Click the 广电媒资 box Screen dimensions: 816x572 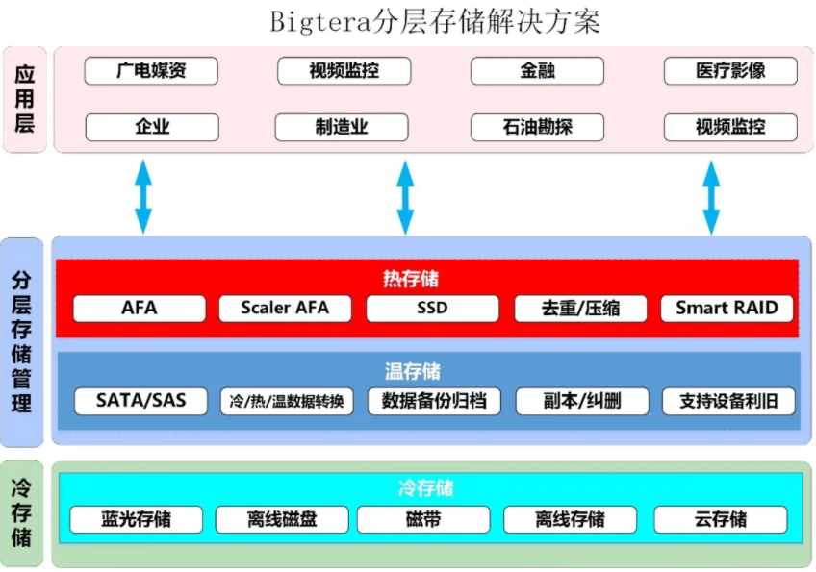151,71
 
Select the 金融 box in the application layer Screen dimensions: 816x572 537,71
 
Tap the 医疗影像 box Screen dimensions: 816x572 730,71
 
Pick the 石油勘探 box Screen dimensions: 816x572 537,128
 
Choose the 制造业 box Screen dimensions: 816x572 342,128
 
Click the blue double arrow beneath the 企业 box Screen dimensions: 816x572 143,196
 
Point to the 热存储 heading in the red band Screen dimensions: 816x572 411,279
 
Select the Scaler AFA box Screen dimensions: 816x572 285,309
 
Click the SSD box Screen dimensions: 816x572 432,309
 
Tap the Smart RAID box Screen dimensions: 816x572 727,309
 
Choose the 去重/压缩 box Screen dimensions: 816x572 580,309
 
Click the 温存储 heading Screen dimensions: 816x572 413,371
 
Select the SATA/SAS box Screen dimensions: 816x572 140,401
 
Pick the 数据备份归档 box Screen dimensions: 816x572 434,401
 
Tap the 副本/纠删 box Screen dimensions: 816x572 582,401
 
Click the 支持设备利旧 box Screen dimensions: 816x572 728,401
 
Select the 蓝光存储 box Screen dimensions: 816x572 136,519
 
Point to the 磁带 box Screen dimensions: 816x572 423,519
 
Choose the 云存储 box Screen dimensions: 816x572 720,519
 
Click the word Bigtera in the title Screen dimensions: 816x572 320,23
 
